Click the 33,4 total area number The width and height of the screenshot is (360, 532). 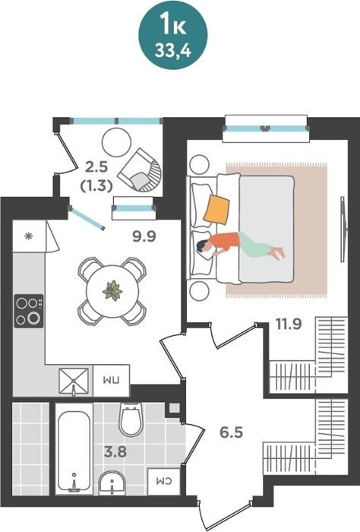pyautogui.click(x=172, y=51)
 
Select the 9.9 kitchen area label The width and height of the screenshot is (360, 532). pyautogui.click(x=144, y=236)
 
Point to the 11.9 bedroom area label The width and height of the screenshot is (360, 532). pyautogui.click(x=289, y=324)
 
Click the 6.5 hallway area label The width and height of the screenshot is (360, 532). pyautogui.click(x=232, y=432)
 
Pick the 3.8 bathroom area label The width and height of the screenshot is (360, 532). pyautogui.click(x=115, y=451)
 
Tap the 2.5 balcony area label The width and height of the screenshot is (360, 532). pyautogui.click(x=96, y=167)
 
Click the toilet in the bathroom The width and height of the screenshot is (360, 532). pyautogui.click(x=131, y=420)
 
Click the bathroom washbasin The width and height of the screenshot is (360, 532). pyautogui.click(x=112, y=482)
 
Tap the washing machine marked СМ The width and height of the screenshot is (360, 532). pyautogui.click(x=164, y=481)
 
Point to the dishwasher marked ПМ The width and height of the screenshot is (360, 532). pyautogui.click(x=111, y=380)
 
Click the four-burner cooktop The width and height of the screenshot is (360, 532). pyautogui.click(x=29, y=311)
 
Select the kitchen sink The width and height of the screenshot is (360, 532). pyautogui.click(x=74, y=382)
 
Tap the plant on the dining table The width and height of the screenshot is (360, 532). pyautogui.click(x=112, y=291)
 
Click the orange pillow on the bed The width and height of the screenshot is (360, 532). pyautogui.click(x=216, y=209)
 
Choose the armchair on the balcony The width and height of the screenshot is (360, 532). pyautogui.click(x=140, y=170)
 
